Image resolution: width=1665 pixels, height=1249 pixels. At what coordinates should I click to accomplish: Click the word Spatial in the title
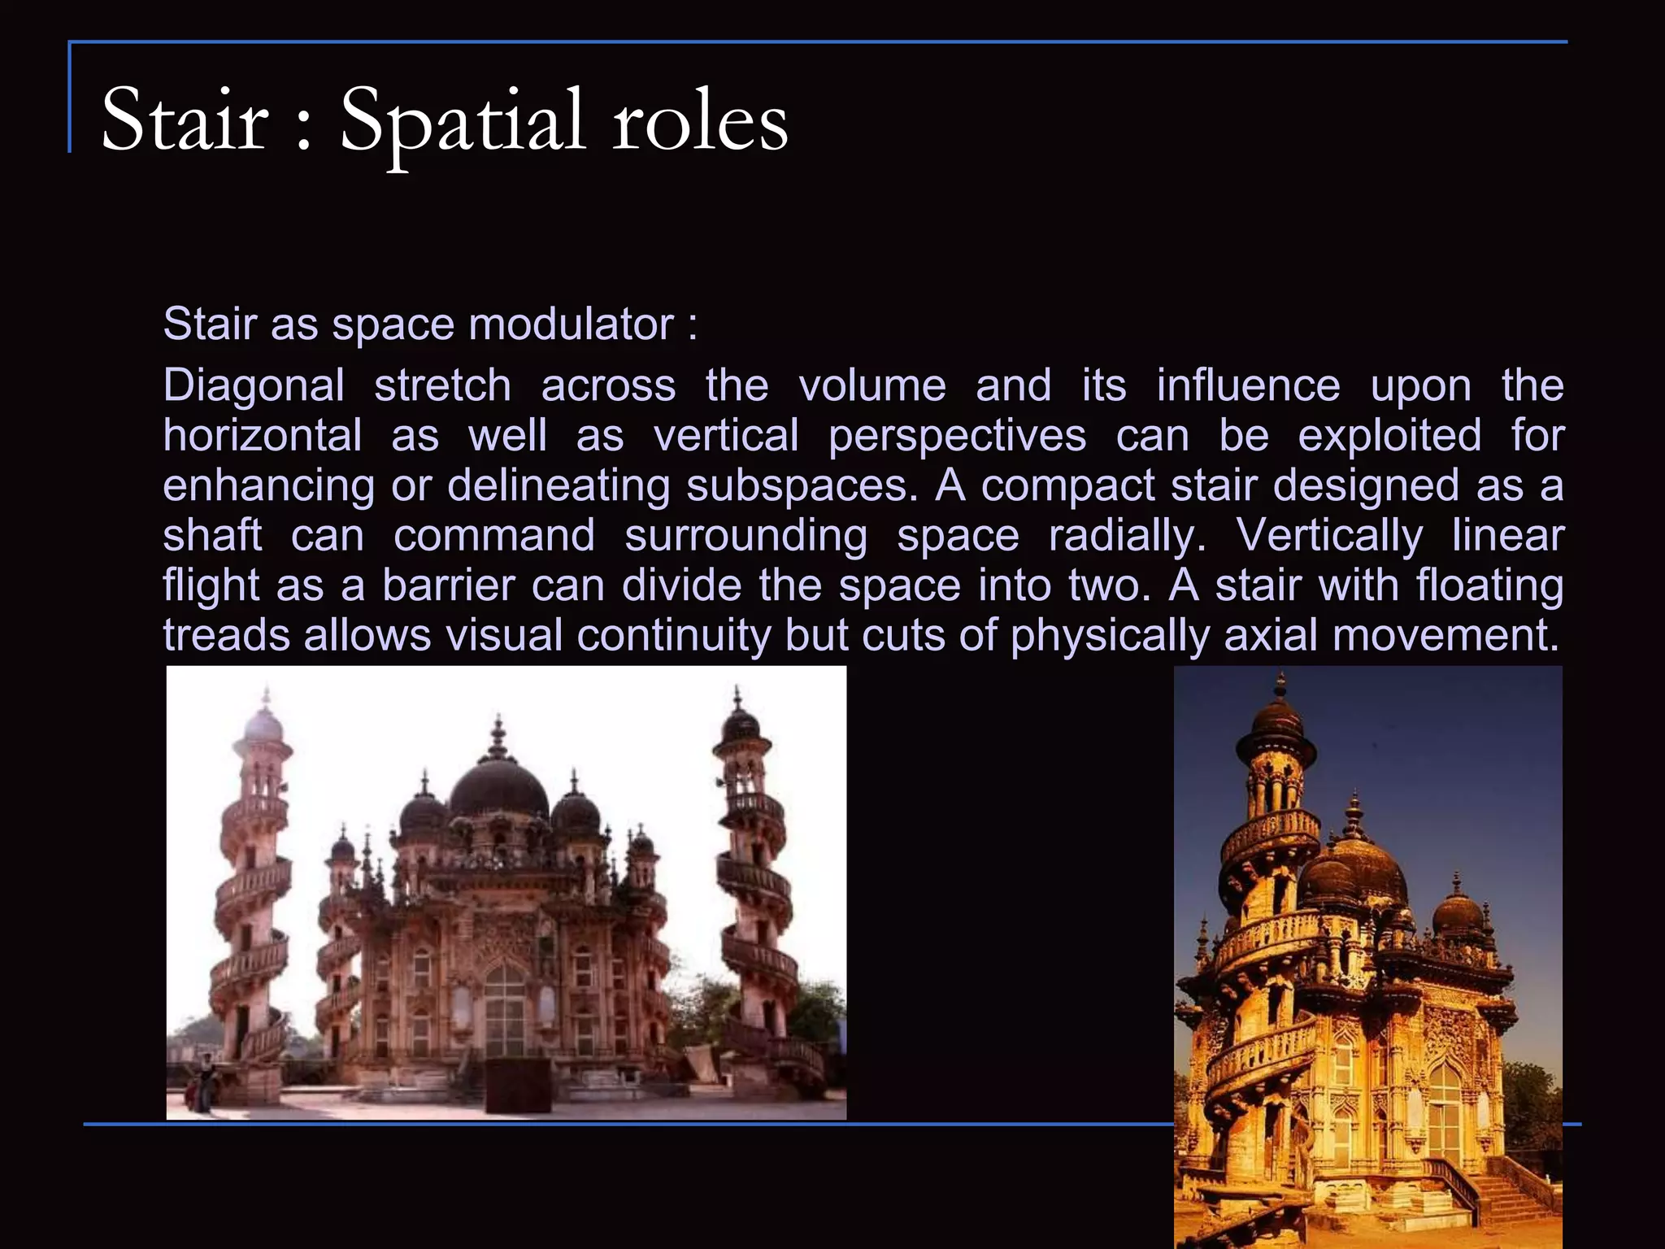click(462, 122)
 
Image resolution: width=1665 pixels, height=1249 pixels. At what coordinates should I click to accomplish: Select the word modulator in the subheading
click(571, 324)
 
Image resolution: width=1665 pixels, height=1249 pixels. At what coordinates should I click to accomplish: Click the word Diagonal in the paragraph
click(254, 385)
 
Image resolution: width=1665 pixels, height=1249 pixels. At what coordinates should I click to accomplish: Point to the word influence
click(1248, 385)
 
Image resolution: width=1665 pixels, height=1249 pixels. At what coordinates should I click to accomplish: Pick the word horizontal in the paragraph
click(262, 436)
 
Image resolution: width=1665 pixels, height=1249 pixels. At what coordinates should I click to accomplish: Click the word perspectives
click(957, 436)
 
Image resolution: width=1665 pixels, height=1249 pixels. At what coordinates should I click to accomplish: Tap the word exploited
click(1389, 436)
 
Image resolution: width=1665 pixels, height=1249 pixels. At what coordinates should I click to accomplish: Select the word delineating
click(559, 485)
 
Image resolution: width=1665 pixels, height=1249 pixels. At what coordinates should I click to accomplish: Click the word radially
click(1127, 536)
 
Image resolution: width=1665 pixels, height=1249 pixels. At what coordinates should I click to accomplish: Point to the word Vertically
click(1329, 536)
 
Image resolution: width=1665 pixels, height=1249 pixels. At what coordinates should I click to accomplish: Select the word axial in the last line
click(1271, 635)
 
